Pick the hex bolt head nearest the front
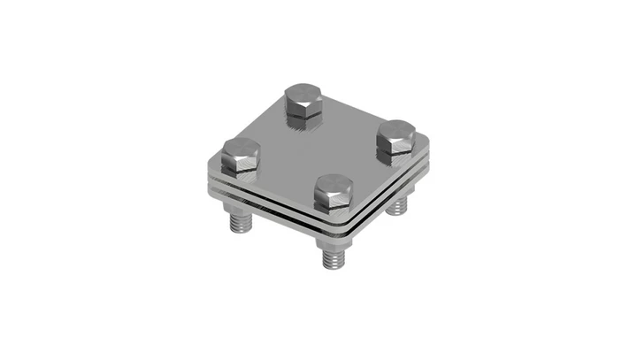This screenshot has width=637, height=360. [x=334, y=194]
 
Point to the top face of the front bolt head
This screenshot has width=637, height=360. [x=334, y=185]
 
